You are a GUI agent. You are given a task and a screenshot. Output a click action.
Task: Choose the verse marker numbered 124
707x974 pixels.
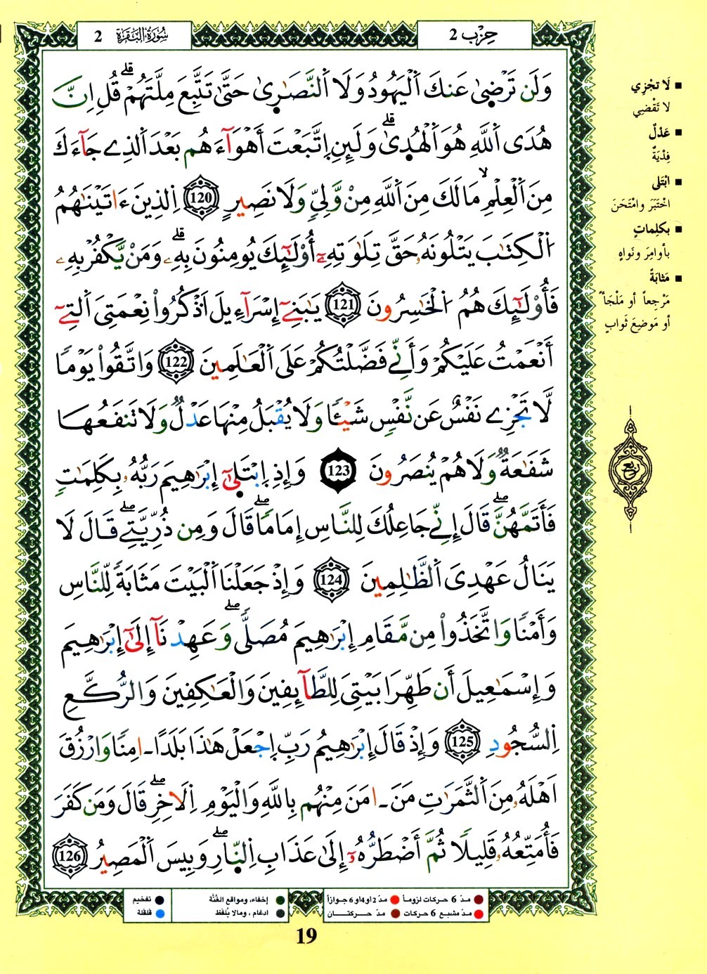(328, 580)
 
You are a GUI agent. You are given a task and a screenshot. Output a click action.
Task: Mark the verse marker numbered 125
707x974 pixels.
(462, 743)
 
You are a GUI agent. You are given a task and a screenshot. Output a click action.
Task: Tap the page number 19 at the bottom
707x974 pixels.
(306, 936)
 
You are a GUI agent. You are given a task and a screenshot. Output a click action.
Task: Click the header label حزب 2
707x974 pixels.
(473, 35)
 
